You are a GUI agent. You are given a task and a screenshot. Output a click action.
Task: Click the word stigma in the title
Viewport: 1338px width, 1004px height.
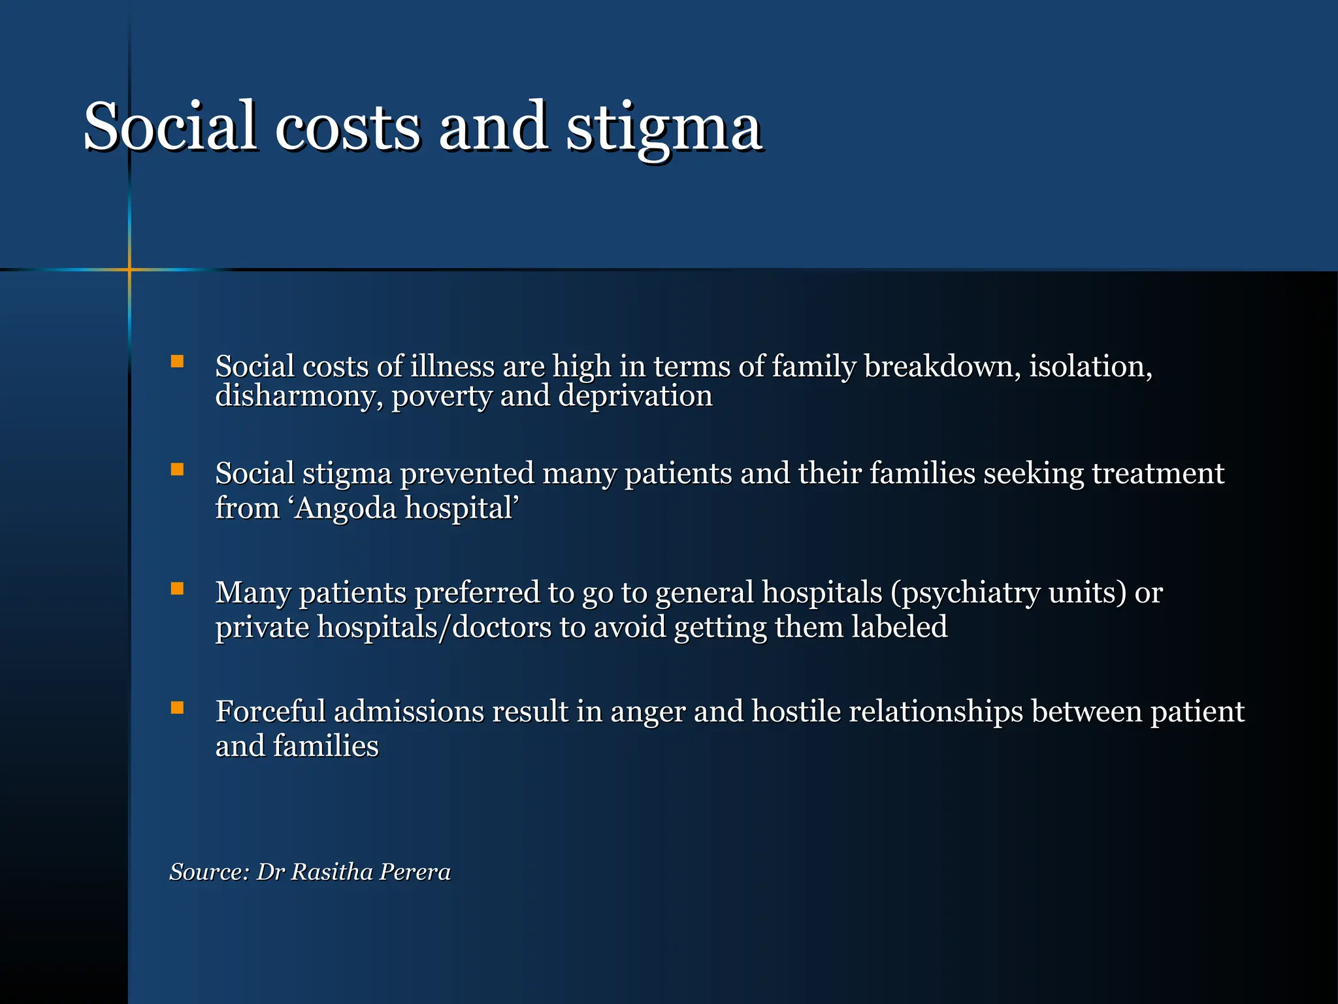click(663, 127)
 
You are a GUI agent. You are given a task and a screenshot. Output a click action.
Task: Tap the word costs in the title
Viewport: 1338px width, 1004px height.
click(347, 127)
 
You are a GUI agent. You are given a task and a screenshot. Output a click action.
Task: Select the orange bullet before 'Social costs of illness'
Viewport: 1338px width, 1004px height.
click(177, 361)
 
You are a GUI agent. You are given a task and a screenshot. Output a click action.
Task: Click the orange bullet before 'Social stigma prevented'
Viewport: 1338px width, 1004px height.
click(177, 469)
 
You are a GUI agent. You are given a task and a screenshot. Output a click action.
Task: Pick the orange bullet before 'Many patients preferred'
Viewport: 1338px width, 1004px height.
click(177, 588)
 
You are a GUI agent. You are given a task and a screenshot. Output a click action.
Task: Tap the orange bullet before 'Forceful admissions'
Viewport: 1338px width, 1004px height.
click(177, 707)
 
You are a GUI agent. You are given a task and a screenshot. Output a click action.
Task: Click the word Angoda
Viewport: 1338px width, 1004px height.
click(344, 508)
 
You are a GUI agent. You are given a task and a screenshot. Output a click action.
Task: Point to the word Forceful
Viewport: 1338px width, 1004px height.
click(270, 711)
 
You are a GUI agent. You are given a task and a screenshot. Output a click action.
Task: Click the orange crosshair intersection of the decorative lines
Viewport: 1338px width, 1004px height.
click(129, 269)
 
